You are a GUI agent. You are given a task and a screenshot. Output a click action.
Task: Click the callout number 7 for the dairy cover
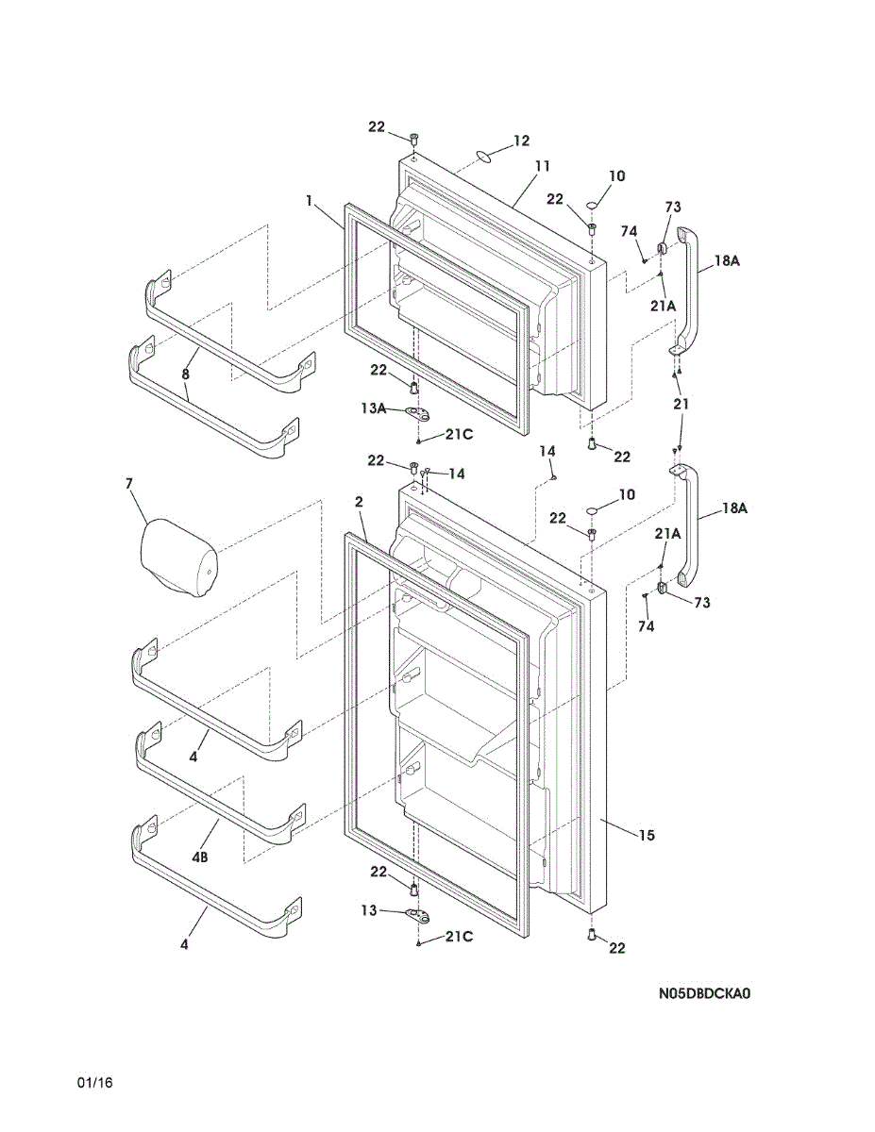point(129,484)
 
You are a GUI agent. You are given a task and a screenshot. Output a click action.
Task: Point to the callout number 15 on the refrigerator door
point(647,835)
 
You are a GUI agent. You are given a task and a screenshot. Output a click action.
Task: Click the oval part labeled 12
point(483,155)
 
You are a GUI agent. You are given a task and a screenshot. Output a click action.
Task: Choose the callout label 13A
point(373,408)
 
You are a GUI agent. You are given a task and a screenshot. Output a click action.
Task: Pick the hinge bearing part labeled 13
point(416,913)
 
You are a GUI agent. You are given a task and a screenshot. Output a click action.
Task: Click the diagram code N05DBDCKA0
point(705,993)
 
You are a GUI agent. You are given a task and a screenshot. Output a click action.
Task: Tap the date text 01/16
point(95,1082)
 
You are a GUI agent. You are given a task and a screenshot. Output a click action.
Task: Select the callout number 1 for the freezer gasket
point(310,200)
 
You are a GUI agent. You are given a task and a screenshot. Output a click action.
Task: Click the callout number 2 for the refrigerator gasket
point(360,503)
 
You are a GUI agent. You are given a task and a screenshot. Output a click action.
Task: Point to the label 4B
point(200,857)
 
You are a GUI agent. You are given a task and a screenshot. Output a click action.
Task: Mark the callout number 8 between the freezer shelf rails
point(186,375)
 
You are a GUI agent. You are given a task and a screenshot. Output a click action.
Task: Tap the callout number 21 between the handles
point(681,404)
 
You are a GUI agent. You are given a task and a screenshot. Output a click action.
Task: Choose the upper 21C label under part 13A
point(460,434)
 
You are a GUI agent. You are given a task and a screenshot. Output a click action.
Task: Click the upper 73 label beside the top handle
point(673,207)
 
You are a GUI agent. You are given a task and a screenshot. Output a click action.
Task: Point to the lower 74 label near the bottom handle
point(646,626)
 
